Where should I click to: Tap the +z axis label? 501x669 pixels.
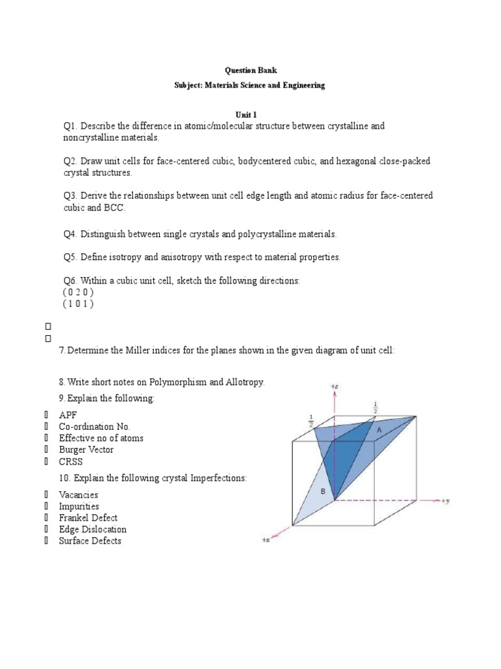[334, 387]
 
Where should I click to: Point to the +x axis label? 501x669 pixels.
[266, 540]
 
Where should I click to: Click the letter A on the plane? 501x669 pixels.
[379, 430]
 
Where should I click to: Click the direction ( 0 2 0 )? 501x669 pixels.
[78, 292]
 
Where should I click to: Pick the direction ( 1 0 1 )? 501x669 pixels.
[78, 304]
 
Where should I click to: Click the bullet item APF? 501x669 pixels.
[68, 415]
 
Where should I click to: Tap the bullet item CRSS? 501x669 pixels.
[71, 462]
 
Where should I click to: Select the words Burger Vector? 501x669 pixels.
[86, 450]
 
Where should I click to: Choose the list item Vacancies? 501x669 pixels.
[79, 495]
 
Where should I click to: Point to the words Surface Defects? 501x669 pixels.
[90, 541]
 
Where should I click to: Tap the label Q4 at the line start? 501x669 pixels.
[70, 234]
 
